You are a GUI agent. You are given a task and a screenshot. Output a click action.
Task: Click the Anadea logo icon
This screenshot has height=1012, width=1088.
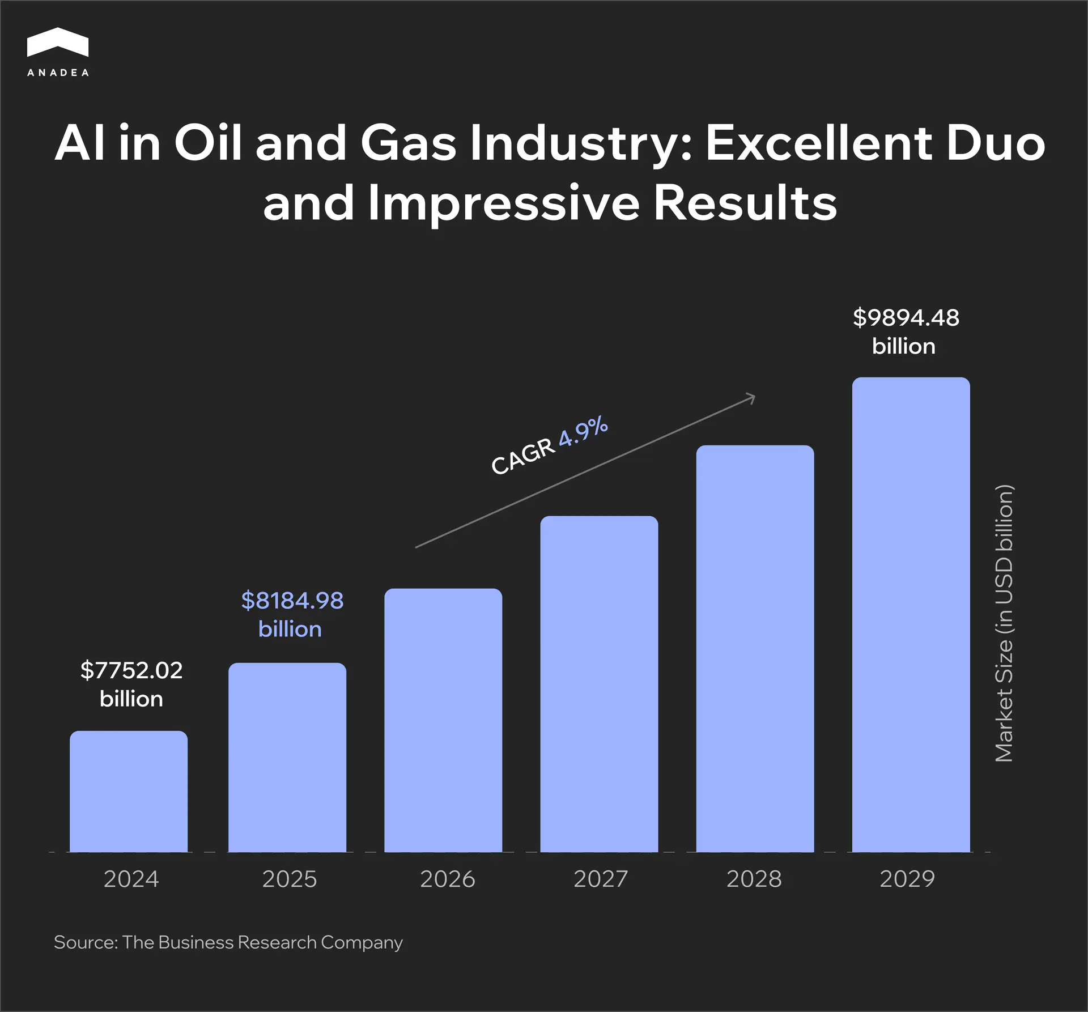(x=57, y=42)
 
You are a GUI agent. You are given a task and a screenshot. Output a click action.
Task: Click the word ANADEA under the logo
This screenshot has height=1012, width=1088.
(x=58, y=73)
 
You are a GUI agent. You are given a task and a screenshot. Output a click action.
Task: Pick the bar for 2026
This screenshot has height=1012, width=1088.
(x=443, y=720)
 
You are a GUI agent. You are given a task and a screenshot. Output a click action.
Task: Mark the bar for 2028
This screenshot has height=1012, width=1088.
(x=755, y=648)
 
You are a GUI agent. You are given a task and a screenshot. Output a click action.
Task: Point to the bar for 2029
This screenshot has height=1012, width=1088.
(x=911, y=614)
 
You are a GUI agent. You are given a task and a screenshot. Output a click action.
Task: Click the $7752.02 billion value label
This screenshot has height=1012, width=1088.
(x=131, y=684)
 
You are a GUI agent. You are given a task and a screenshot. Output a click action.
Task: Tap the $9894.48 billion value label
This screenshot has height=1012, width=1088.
(x=906, y=331)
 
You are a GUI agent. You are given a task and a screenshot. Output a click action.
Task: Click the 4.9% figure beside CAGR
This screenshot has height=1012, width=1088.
(x=583, y=431)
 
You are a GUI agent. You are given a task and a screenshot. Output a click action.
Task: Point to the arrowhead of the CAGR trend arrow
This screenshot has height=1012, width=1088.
(x=752, y=397)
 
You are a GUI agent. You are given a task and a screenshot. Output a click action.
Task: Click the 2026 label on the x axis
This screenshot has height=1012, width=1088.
(x=447, y=879)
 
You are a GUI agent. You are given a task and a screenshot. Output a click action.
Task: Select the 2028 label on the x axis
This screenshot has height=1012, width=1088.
(x=754, y=879)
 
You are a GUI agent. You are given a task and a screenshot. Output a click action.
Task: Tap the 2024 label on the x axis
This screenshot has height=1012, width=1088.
(x=131, y=879)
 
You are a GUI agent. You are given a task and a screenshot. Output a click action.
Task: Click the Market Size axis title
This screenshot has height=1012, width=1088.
(x=1004, y=623)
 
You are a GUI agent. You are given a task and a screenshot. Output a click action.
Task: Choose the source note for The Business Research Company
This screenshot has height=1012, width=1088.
(x=228, y=942)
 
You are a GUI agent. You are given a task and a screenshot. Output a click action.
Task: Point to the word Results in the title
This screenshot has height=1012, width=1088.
(x=745, y=203)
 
